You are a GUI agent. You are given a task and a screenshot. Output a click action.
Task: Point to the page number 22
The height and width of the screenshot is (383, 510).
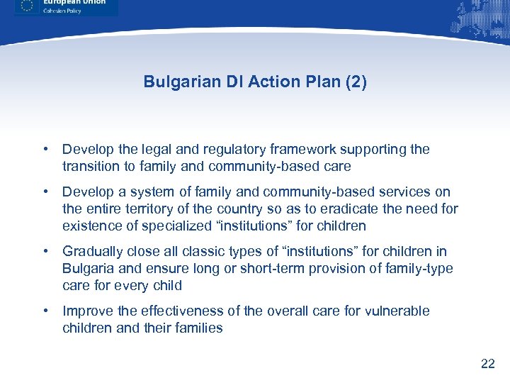click(487, 364)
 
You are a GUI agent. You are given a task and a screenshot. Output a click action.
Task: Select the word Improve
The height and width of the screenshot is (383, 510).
click(86, 311)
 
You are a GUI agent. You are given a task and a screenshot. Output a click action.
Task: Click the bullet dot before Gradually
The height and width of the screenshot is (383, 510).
click(45, 252)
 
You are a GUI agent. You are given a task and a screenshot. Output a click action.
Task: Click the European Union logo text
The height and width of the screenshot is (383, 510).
click(74, 3)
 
